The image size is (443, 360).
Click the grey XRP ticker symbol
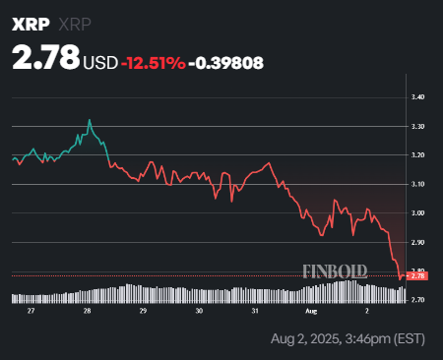click(78, 24)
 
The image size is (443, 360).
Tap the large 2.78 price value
click(45, 58)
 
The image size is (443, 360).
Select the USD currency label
click(100, 62)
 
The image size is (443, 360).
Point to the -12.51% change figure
click(153, 62)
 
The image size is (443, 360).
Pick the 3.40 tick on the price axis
click(418, 97)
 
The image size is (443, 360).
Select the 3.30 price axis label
click(418, 127)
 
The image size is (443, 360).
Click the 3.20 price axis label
click(418, 155)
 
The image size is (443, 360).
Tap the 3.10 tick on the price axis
click(418, 184)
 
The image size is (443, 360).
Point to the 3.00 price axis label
click(418, 213)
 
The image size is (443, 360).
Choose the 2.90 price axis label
click(418, 242)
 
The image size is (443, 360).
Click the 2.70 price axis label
click(418, 299)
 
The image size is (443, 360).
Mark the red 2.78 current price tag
click(418, 276)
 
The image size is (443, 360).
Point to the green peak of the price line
click(90, 121)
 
